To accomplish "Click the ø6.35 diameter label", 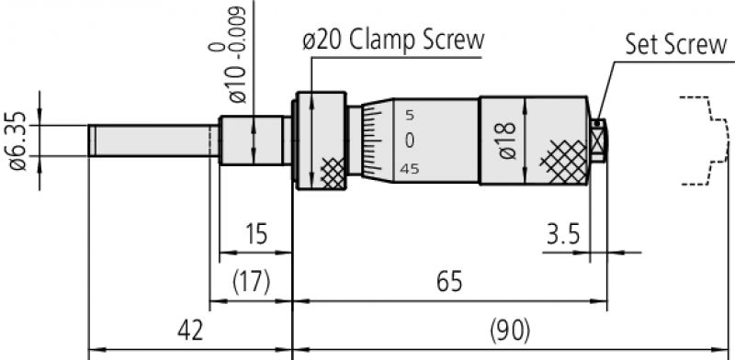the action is click(x=19, y=141).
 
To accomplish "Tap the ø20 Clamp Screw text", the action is click(x=393, y=40).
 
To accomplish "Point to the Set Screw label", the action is click(x=676, y=44).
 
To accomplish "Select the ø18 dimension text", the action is click(x=508, y=141).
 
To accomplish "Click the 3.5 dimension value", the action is click(x=563, y=233).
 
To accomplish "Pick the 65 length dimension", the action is click(x=449, y=282).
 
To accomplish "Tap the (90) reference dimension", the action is click(x=510, y=331).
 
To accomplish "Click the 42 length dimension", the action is click(x=190, y=331).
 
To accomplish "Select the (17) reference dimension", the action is click(x=251, y=282).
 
